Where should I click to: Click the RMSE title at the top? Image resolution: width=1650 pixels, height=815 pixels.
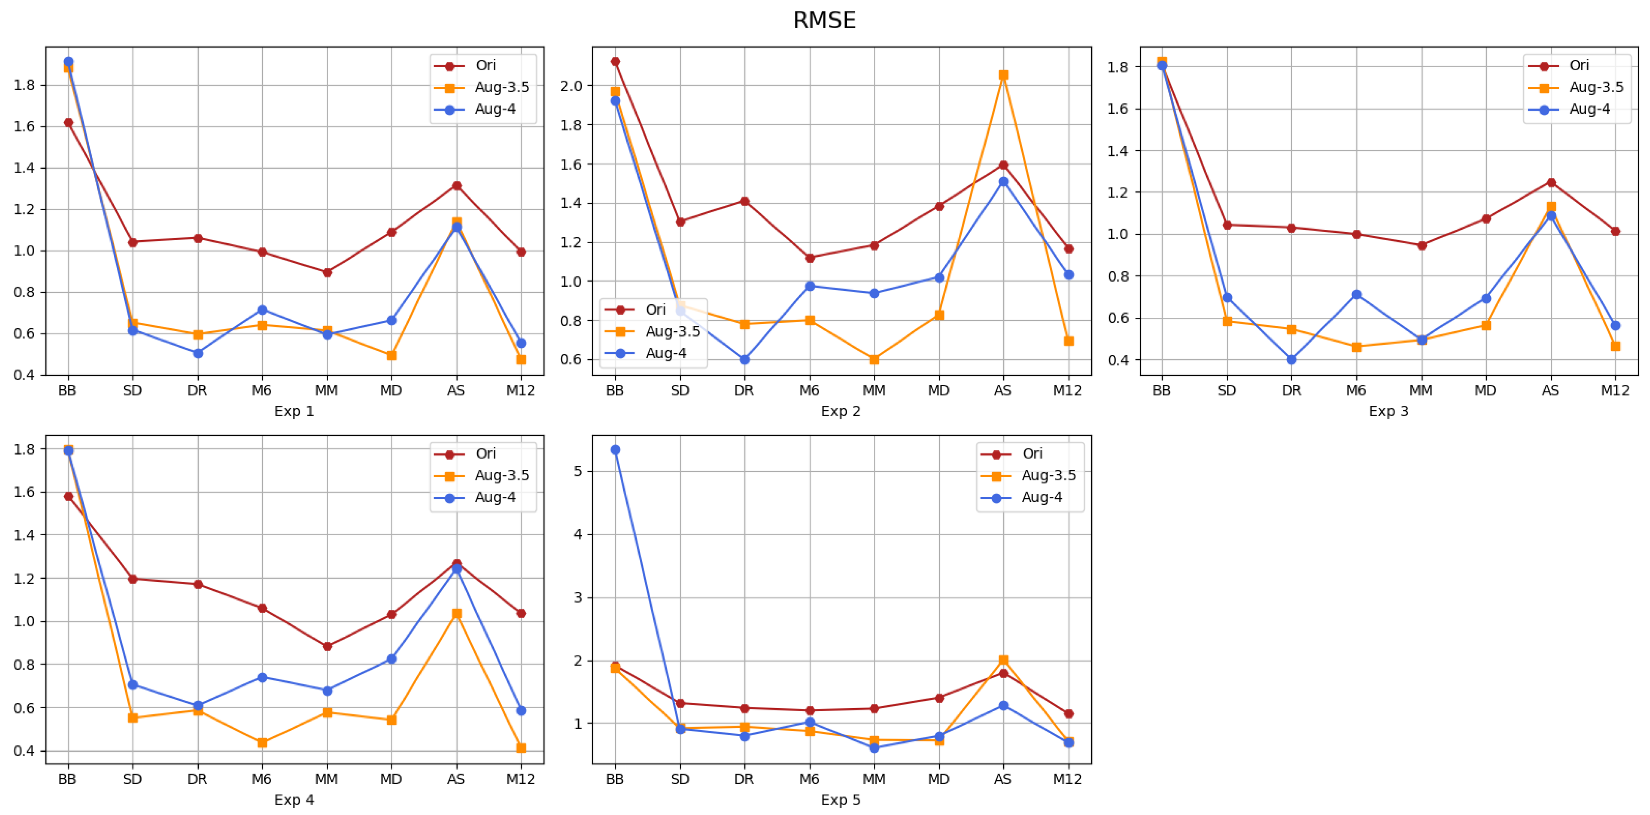coord(824,20)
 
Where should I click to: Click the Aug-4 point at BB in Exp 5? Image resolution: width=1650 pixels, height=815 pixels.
coord(615,450)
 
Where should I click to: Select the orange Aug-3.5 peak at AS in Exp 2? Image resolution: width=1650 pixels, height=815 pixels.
coord(1003,75)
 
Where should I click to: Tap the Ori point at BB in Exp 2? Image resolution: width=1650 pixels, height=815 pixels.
coord(615,61)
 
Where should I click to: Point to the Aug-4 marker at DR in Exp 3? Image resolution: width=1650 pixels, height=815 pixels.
coord(1291,359)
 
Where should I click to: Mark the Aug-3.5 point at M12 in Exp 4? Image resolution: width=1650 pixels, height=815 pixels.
coord(521,748)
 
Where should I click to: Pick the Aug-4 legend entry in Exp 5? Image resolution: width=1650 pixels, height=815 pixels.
coord(1041,497)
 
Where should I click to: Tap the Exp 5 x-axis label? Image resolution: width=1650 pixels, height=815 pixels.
coord(840,800)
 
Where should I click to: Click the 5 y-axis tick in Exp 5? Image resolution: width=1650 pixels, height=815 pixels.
coord(578,471)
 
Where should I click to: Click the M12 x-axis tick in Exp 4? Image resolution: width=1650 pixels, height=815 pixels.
coord(520,779)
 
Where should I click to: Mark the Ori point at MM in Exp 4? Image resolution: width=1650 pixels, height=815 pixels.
coord(327,646)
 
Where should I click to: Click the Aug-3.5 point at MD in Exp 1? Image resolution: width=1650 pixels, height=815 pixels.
coord(391,355)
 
